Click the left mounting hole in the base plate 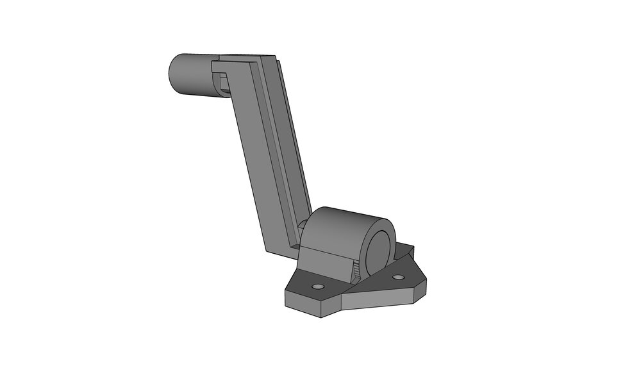317,285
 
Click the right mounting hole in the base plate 399,278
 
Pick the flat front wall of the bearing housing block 324,263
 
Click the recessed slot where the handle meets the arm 222,82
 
